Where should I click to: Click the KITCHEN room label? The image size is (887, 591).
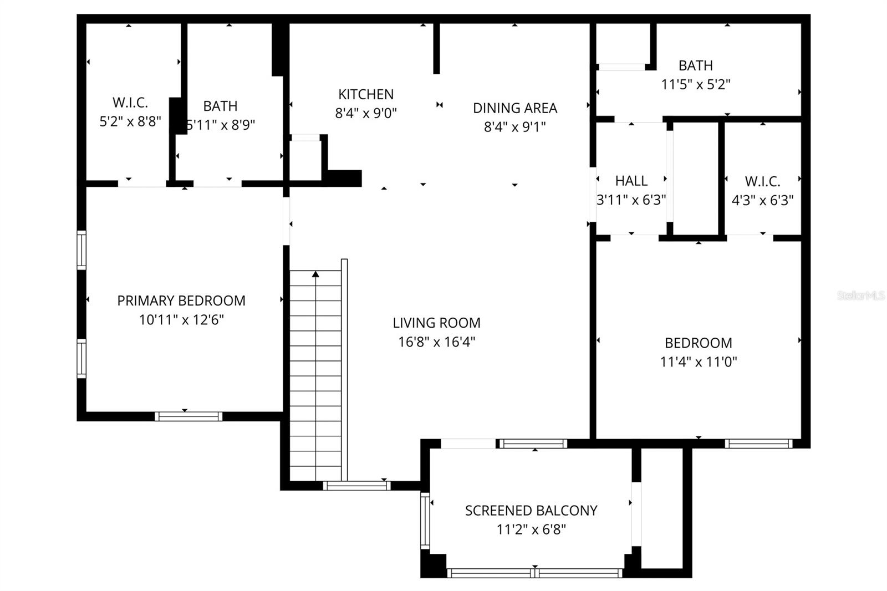coord(366,94)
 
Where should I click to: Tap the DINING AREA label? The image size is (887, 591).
coord(514,108)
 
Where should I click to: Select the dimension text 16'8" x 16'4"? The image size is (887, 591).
coord(436,342)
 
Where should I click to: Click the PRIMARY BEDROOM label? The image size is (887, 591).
coord(181,300)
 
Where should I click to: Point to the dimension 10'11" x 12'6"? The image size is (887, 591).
coord(181,320)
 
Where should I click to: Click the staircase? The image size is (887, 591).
coord(316,377)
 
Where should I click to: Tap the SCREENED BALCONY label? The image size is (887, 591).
coord(531,511)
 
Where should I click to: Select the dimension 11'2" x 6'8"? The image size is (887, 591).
coord(531,529)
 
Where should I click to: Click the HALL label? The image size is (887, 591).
coord(631,181)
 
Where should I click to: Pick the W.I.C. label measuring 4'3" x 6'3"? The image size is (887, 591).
coord(762,181)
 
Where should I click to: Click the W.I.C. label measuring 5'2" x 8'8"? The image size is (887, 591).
coord(130,103)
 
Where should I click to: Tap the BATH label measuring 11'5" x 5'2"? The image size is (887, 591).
coord(695,65)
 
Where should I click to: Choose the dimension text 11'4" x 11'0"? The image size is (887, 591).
coord(698,362)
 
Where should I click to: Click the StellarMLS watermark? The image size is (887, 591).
coord(860,296)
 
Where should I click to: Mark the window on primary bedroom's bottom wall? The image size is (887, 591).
coord(188,416)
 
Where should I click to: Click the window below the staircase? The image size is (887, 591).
coord(356,486)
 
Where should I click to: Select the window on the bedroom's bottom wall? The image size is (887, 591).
coord(758,444)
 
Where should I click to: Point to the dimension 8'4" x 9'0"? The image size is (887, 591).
coord(366,113)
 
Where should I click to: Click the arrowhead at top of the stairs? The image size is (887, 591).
coord(315,274)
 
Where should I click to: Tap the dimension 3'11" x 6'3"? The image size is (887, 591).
coord(631,200)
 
